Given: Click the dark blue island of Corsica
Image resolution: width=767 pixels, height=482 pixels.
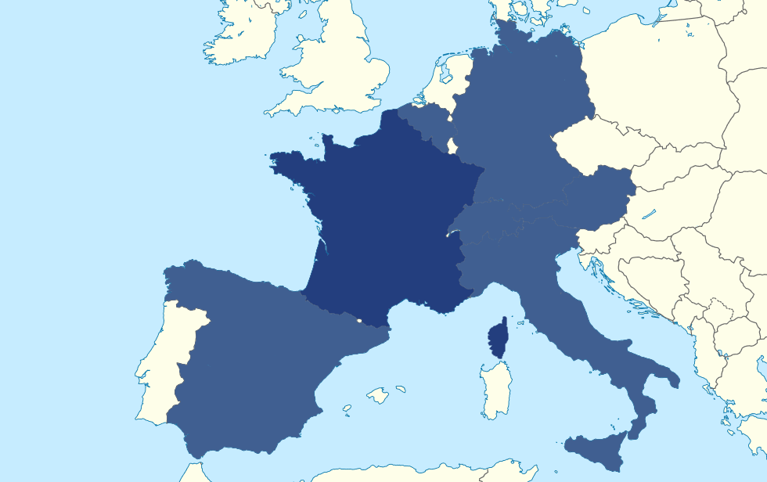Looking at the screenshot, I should point(496,339).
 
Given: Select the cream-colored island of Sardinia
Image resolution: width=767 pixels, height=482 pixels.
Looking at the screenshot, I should point(496,388).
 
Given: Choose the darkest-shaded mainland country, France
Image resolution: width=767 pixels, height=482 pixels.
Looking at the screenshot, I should point(383,227).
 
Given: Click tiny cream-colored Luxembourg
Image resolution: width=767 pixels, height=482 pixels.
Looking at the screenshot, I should point(452,145).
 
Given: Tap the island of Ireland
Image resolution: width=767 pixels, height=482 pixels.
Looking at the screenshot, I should point(239,35).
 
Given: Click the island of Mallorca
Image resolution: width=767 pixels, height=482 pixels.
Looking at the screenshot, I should point(378,395).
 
